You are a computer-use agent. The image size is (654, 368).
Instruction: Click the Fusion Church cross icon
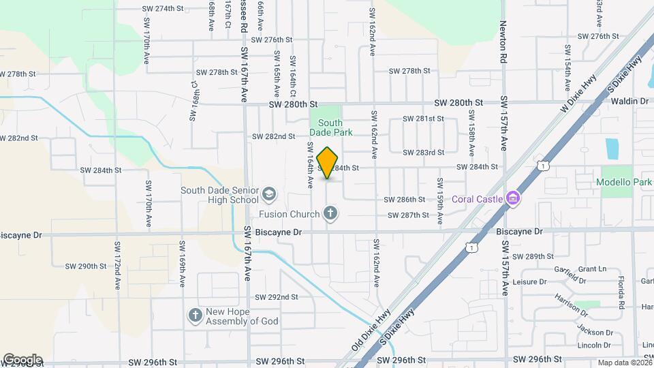[330, 215]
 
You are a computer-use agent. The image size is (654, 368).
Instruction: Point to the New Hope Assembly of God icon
[196, 315]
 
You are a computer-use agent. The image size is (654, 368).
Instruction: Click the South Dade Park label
[330, 127]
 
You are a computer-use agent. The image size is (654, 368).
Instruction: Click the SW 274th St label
[163, 9]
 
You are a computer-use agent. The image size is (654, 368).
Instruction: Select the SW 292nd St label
[276, 297]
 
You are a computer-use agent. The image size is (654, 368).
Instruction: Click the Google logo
[22, 360]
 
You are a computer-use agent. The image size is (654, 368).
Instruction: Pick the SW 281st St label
[423, 119]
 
